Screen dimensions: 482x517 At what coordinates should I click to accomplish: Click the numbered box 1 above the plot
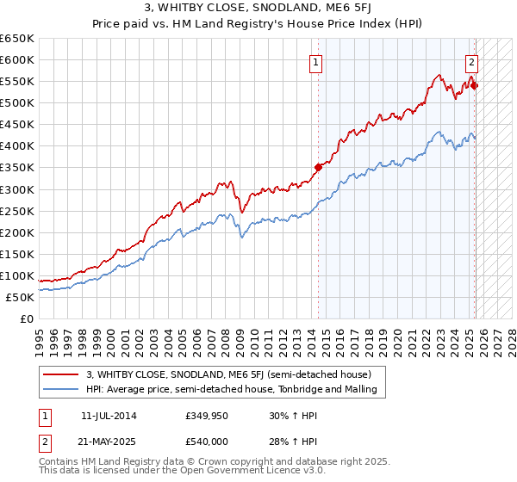316,62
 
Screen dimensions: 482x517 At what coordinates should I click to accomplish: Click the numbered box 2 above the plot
472,62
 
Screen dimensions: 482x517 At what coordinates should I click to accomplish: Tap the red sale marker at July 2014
318,167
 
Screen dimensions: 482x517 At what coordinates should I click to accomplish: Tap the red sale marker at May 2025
474,85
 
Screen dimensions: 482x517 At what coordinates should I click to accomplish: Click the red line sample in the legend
61,374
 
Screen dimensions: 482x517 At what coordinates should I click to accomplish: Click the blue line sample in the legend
61,389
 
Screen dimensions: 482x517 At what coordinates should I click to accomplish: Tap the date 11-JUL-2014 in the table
109,416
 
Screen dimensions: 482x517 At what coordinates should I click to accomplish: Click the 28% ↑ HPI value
287,442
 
